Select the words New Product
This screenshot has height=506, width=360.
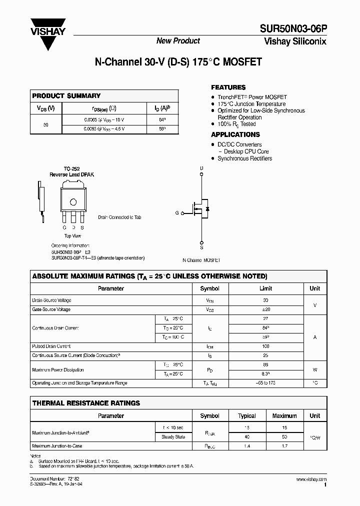point(178,41)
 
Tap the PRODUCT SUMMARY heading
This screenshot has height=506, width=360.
point(66,95)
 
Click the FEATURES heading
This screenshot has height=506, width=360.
point(228,87)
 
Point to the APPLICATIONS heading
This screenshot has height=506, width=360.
point(235,134)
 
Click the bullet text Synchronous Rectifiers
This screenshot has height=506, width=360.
point(244,158)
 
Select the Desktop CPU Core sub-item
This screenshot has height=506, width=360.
point(246,151)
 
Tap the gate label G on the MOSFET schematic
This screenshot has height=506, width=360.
point(176,213)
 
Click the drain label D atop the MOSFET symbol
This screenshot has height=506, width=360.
point(201,168)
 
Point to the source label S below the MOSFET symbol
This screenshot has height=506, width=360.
point(201,247)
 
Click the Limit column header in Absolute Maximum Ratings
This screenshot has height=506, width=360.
point(265,288)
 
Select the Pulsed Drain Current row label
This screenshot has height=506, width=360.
point(51,346)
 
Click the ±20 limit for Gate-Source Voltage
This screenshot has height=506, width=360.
point(265,309)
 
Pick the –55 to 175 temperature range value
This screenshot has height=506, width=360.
point(265,383)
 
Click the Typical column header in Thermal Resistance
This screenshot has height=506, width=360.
point(247,416)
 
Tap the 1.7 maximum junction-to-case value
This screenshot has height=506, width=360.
point(284,445)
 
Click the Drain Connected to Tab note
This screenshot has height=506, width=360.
point(119,217)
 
